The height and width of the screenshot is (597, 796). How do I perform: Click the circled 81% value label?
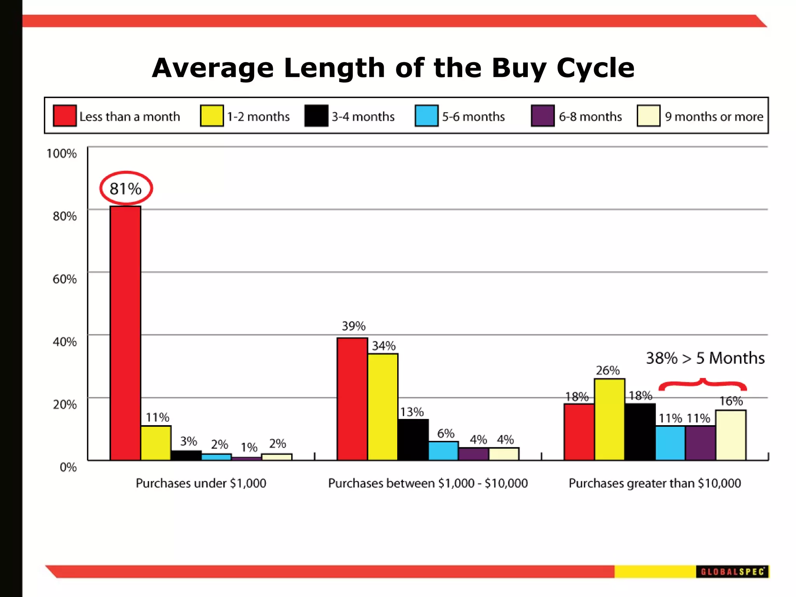[x=126, y=189]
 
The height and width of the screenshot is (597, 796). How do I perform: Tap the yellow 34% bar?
[x=382, y=407]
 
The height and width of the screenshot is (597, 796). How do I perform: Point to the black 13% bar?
[x=413, y=440]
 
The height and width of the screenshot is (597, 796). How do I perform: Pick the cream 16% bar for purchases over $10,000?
[x=731, y=435]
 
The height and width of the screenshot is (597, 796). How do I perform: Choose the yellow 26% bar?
[x=609, y=420]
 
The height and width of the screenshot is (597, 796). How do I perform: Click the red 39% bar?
[x=352, y=399]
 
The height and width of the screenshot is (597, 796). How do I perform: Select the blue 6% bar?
[x=443, y=451]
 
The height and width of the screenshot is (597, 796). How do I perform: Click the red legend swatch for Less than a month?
[x=65, y=116]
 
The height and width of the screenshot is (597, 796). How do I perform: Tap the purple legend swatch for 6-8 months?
[x=543, y=116]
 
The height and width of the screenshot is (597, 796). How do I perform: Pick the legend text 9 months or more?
[x=714, y=117]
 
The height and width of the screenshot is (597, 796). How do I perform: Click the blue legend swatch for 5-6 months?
[x=426, y=116]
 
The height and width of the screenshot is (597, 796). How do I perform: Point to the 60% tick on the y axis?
[x=65, y=279]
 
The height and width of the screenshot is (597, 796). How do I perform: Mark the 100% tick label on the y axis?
[x=61, y=154]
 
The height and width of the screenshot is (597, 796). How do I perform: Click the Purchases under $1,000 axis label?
[x=201, y=483]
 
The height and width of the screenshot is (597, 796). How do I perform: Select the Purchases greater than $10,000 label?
[x=655, y=483]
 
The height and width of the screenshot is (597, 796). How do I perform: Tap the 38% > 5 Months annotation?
[x=705, y=358]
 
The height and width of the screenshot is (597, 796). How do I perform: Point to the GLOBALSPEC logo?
[x=732, y=572]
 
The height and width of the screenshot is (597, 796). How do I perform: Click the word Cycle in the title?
[x=595, y=68]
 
